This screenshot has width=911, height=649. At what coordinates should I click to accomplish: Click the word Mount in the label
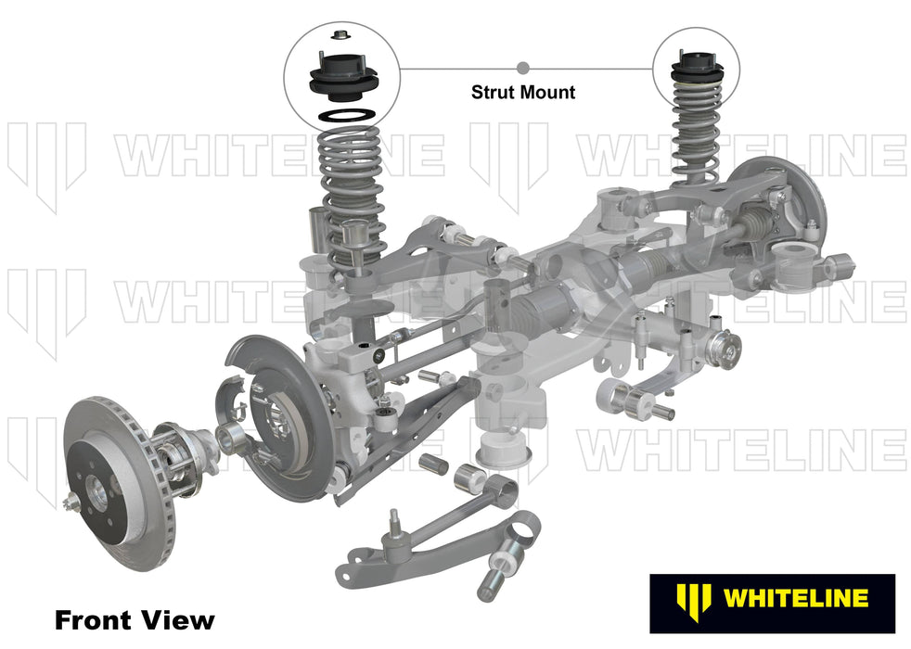pyautogui.click(x=549, y=92)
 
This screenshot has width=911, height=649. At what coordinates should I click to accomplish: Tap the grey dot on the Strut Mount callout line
pyautogui.click(x=523, y=68)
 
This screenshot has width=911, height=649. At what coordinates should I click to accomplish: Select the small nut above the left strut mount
pyautogui.click(x=339, y=37)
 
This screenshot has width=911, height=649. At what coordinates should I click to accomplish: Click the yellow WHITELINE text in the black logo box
pyautogui.click(x=794, y=597)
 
